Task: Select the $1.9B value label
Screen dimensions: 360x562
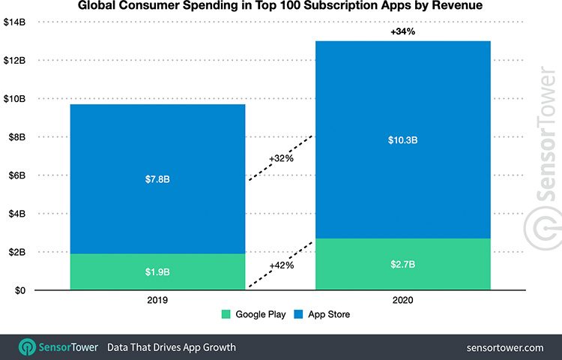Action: coord(157,271)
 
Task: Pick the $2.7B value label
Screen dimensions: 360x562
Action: coord(402,263)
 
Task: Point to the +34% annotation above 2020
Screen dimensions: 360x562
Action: coord(403,32)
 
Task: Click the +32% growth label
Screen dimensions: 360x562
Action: coord(281,159)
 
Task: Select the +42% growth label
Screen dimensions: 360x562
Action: coord(281,265)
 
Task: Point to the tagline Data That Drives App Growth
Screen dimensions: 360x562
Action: coord(171,347)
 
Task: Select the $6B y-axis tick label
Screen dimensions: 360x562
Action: coord(16,175)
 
